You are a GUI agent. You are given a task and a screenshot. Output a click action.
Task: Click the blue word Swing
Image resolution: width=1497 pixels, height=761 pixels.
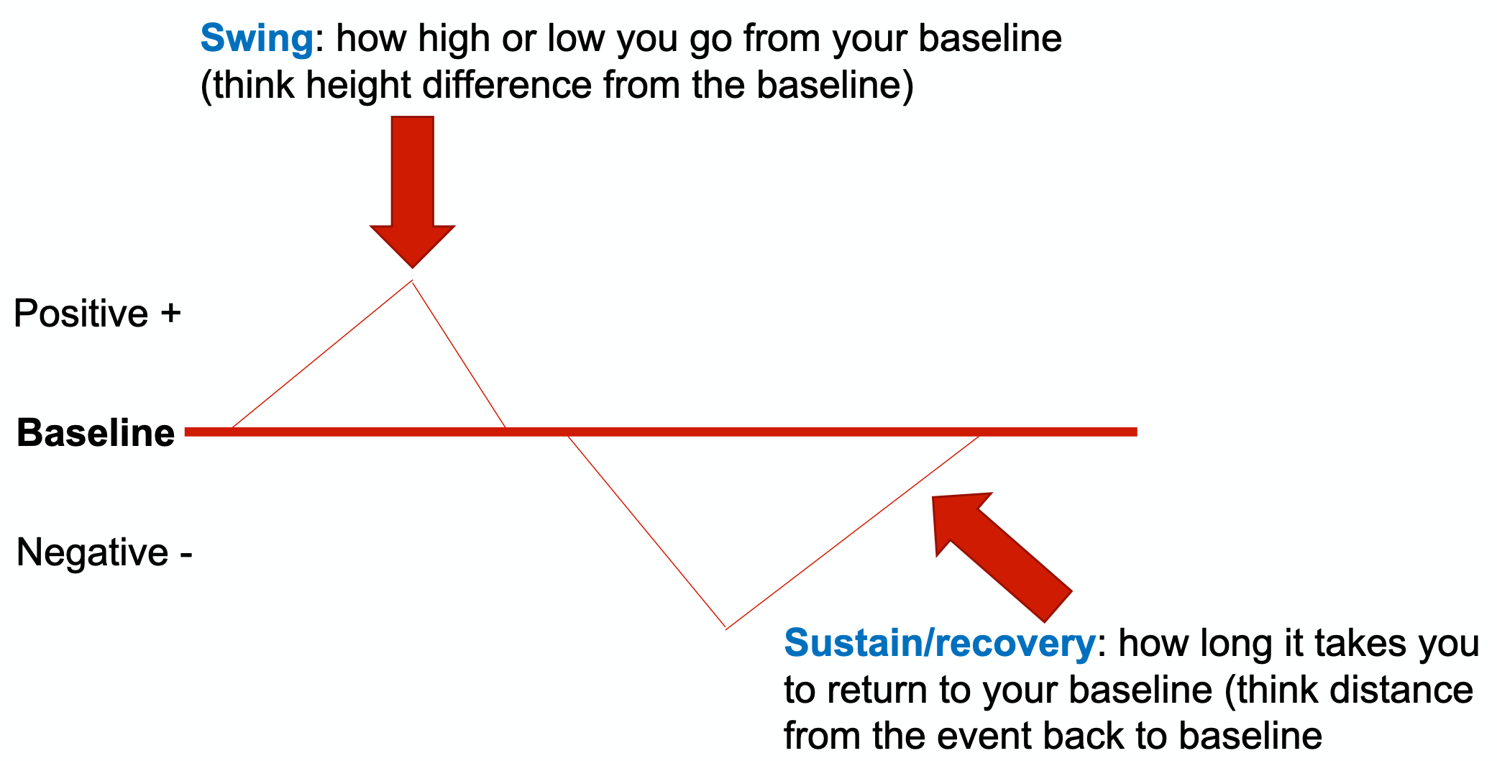(257, 39)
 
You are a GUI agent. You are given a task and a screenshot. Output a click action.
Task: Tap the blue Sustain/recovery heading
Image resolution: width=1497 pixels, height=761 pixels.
(938, 643)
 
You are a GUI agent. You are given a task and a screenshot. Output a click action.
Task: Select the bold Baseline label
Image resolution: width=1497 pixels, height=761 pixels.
(96, 433)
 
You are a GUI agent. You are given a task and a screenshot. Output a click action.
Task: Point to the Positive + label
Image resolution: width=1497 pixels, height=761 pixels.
(97, 314)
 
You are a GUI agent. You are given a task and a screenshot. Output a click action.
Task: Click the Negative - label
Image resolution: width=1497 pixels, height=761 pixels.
(104, 552)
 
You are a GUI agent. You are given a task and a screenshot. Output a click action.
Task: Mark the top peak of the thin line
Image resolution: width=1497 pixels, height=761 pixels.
(412, 281)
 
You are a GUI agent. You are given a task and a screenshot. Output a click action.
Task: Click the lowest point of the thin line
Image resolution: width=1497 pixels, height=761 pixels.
(726, 628)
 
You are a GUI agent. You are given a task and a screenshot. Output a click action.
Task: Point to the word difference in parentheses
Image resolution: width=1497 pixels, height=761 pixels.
(507, 86)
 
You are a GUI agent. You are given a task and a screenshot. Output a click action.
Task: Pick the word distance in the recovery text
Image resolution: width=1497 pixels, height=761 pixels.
(1401, 690)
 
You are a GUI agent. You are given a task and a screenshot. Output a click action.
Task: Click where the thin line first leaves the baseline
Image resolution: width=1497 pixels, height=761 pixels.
(232, 429)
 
